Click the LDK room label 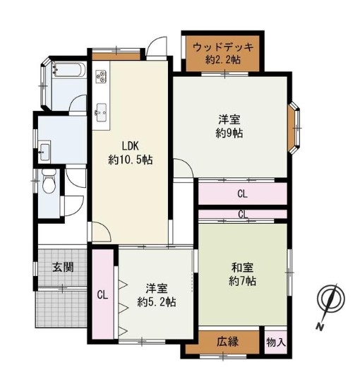point(130,146)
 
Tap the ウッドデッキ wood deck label point(223,47)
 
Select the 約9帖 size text point(229,133)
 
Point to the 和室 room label point(242,268)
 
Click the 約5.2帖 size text point(157,302)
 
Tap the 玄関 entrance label point(63,268)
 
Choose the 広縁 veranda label point(228,342)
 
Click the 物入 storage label point(276,343)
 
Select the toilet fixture point(49,181)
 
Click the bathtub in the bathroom point(68,70)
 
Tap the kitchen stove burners point(101,76)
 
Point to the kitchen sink point(101,113)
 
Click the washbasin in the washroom point(44,152)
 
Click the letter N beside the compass point(320,327)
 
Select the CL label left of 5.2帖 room point(102,295)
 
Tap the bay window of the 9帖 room point(294,128)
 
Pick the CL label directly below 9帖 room point(242,193)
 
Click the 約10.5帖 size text point(131,160)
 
